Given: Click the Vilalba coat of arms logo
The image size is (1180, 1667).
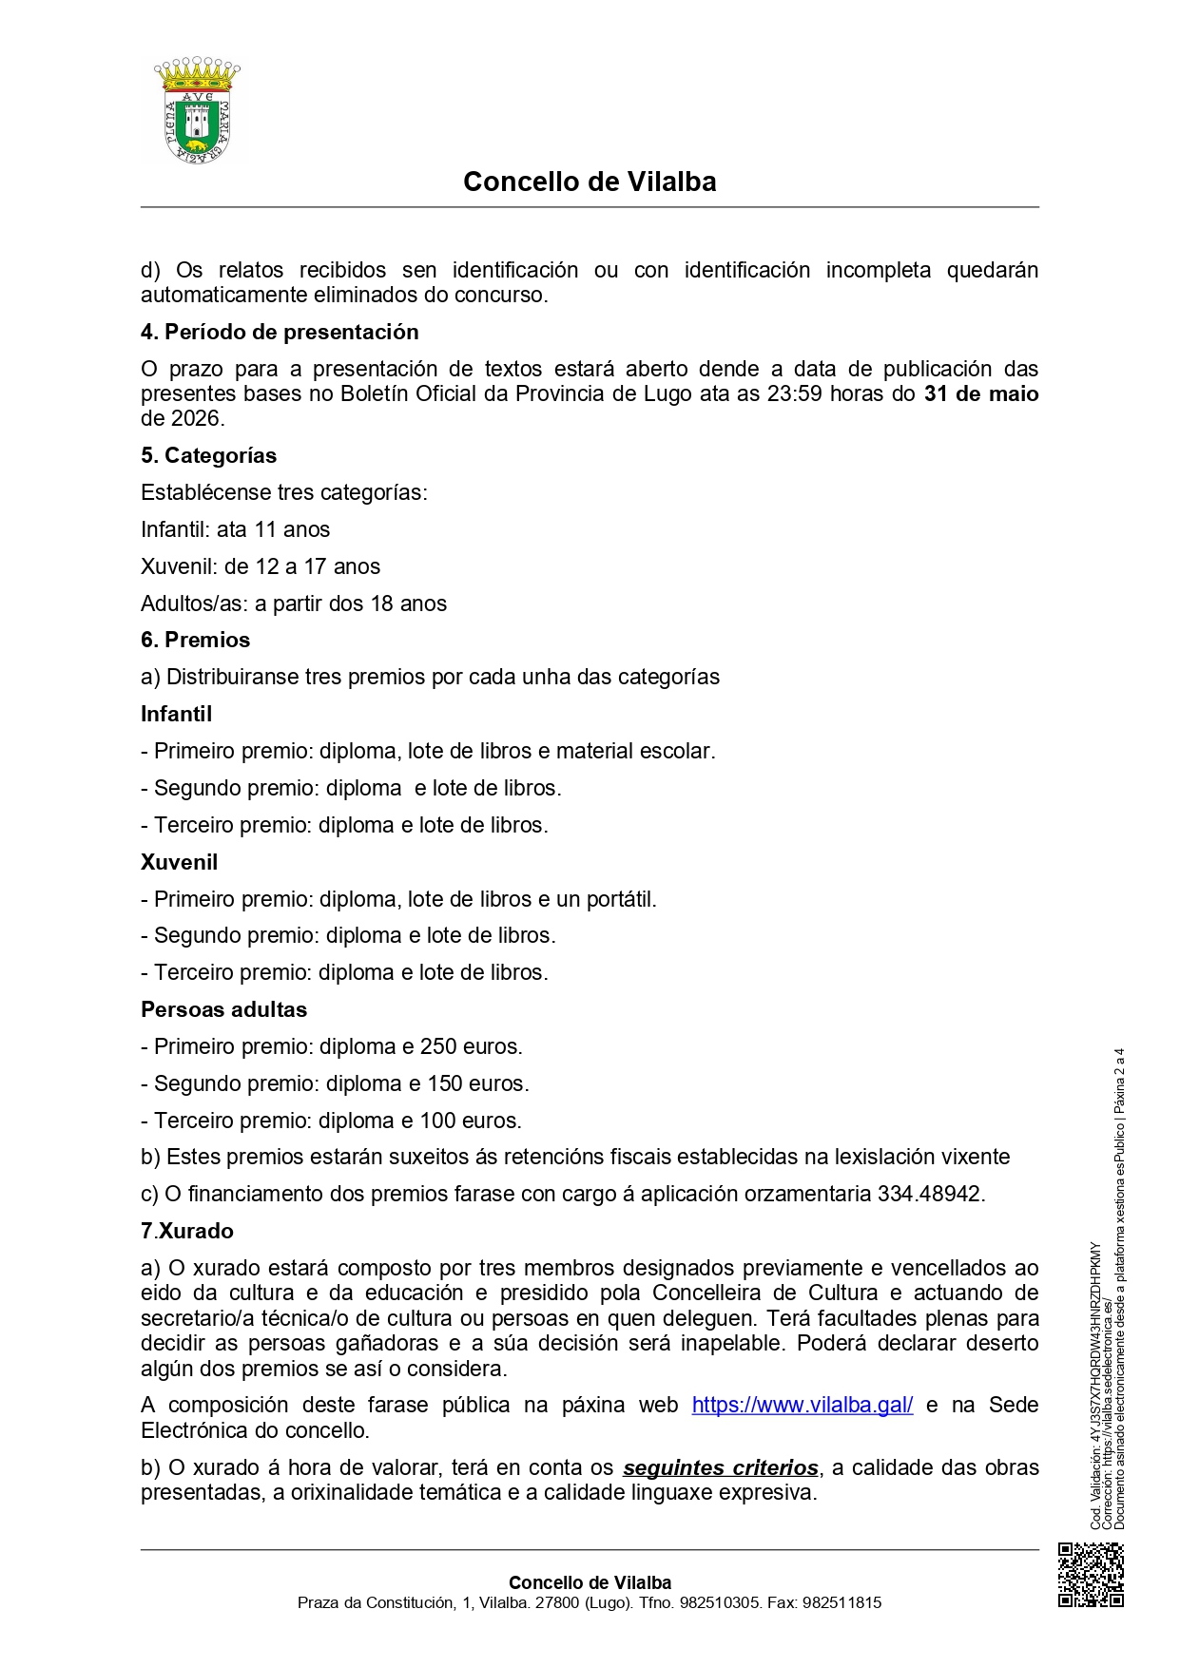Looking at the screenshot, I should tap(197, 111).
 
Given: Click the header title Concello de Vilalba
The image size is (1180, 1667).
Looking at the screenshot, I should tap(590, 182).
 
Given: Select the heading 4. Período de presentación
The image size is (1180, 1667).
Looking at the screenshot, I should tap(280, 332).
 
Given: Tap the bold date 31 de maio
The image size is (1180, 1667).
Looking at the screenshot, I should tap(980, 393).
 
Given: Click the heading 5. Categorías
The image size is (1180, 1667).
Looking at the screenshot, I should tap(208, 455).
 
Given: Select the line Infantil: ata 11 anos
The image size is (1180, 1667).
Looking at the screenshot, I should tap(235, 529).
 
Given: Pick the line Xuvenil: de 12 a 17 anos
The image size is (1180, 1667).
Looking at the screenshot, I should tap(260, 566).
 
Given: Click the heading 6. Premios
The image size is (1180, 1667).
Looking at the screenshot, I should tap(195, 640).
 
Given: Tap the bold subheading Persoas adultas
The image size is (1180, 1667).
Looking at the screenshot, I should tap(223, 1009).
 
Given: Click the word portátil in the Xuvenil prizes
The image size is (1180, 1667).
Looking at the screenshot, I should tap(620, 899).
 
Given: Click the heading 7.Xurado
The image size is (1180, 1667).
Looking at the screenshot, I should tap(186, 1231).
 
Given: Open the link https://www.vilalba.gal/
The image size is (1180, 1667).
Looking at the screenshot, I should tap(802, 1405).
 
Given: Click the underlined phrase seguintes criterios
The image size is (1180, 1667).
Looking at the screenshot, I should tap(720, 1467).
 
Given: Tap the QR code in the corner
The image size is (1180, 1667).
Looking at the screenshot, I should tap(1091, 1575).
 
